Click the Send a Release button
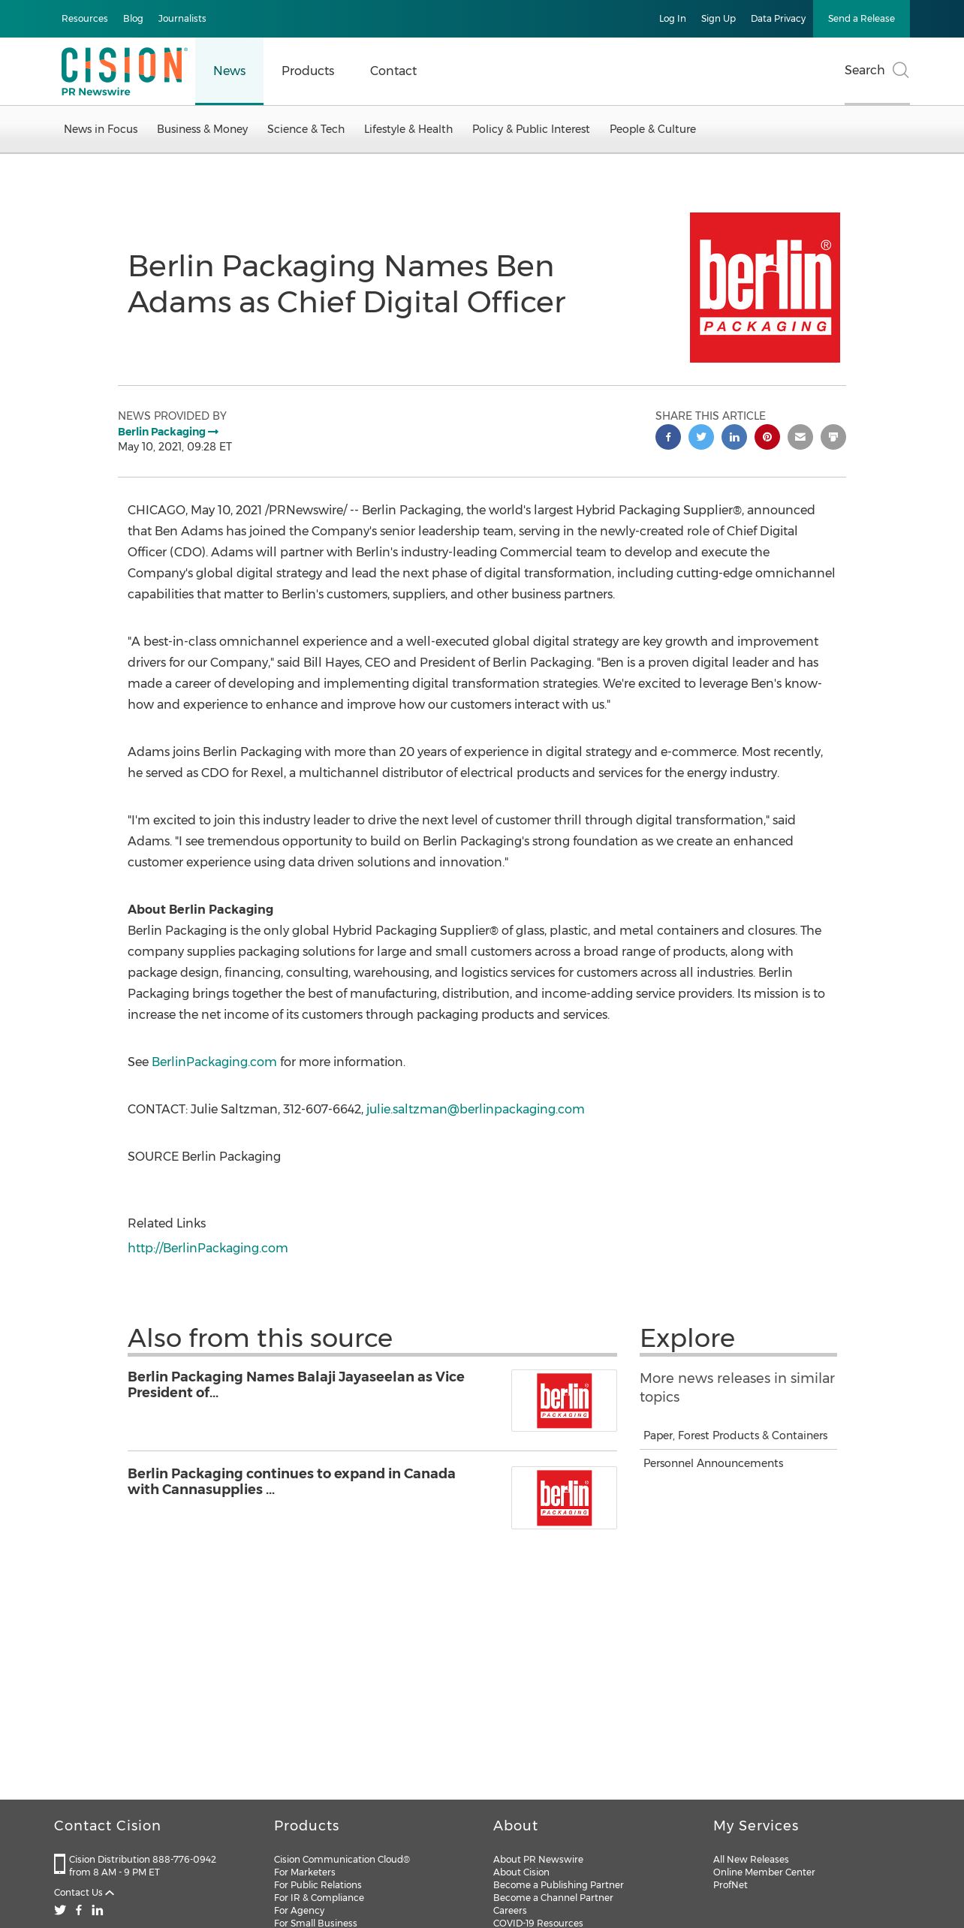860,19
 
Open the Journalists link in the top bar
182,19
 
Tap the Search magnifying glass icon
900,71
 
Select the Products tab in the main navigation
308,71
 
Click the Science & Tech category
306,129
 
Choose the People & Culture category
652,129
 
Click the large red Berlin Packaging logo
764,288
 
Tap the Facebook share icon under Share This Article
668,437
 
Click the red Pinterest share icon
767,437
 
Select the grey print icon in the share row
833,437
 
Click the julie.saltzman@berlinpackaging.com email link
475,1109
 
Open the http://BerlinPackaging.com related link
208,1248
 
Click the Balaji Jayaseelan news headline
296,1384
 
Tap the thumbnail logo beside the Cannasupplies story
564,1498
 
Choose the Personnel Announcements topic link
713,1463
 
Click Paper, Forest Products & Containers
735,1435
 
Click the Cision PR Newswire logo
123,71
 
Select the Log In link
672,19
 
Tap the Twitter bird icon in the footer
60,1910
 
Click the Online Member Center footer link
764,1872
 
